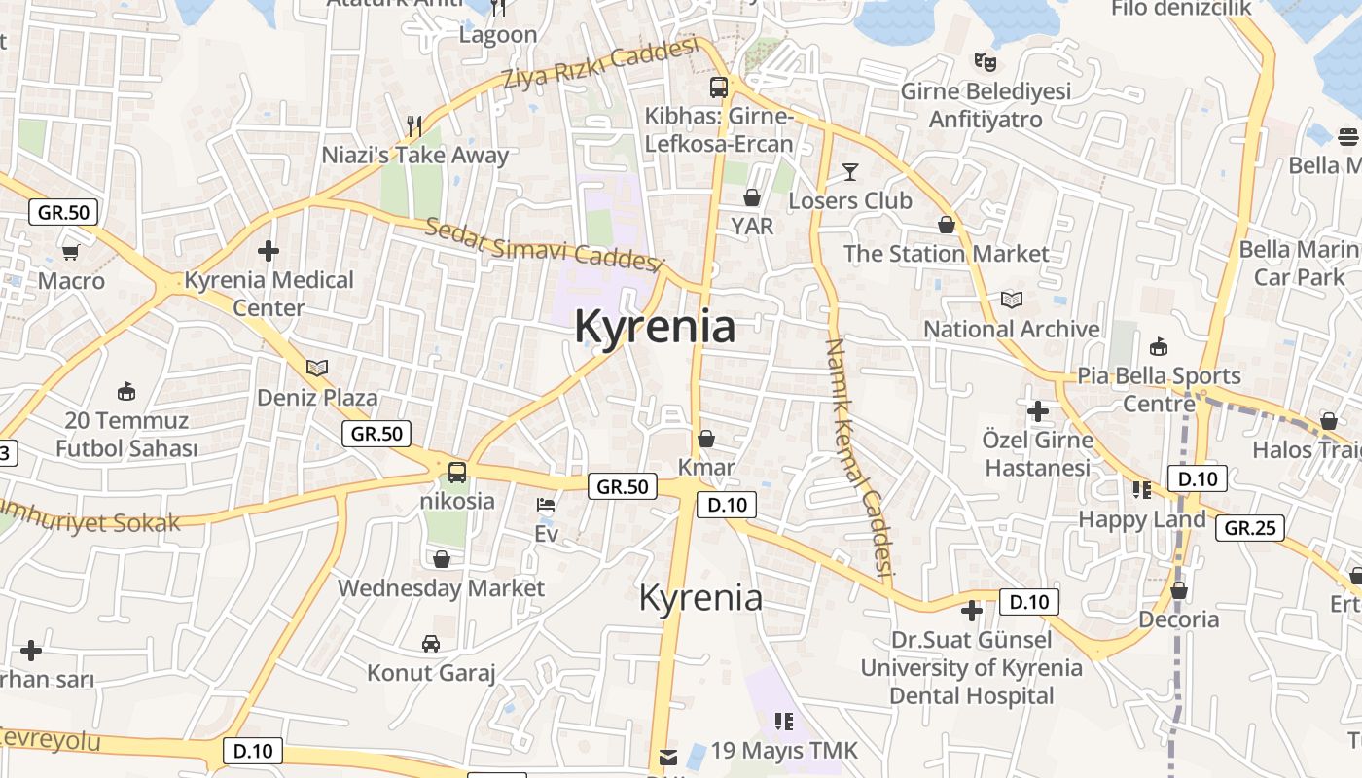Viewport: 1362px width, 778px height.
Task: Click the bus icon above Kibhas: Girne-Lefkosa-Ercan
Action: [x=719, y=88]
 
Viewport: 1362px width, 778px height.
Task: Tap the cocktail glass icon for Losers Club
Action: [x=850, y=172]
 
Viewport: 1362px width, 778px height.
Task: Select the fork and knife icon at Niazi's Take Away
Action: [x=414, y=125]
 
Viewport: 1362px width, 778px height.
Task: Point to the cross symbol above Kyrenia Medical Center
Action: [x=269, y=251]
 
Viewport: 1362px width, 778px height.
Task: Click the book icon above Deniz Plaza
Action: [x=317, y=368]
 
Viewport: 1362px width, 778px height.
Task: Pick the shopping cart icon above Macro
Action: [x=70, y=253]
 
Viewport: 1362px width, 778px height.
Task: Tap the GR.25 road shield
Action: [x=1250, y=528]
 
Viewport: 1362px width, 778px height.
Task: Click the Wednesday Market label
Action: [x=441, y=588]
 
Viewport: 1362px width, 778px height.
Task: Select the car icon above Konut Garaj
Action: [x=431, y=643]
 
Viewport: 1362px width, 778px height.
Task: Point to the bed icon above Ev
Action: [x=546, y=506]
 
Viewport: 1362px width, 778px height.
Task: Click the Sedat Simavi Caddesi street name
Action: [x=543, y=244]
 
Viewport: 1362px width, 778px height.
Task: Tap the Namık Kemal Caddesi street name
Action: [x=858, y=457]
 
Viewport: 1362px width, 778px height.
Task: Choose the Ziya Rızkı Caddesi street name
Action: [x=601, y=65]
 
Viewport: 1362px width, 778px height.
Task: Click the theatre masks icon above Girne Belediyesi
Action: [x=986, y=62]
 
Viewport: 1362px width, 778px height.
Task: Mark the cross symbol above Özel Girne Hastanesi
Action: [x=1037, y=410]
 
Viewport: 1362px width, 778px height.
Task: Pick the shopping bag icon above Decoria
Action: [x=1179, y=590]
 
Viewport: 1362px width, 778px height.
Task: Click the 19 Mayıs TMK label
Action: [x=784, y=751]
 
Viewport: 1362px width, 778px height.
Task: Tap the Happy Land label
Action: [x=1141, y=519]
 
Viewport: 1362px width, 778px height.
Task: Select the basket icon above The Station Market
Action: [x=947, y=226]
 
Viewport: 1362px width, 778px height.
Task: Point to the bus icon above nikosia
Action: [x=457, y=473]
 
